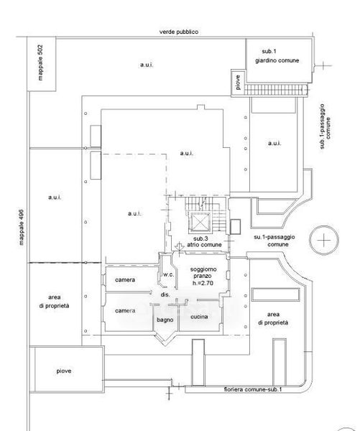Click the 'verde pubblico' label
(x=179, y=32)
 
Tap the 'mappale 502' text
(x=40, y=62)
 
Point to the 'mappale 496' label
(x=21, y=228)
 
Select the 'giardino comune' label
(x=277, y=60)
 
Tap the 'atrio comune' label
(x=204, y=245)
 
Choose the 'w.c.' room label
(x=169, y=274)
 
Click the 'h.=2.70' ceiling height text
(x=203, y=283)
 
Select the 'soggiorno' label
(x=203, y=269)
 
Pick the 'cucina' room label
(x=199, y=317)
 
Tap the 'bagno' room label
(x=165, y=320)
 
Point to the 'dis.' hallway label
(x=165, y=295)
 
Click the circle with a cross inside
(x=324, y=240)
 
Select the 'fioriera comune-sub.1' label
(x=253, y=389)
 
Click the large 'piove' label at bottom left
(x=64, y=371)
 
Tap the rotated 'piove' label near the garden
(x=238, y=82)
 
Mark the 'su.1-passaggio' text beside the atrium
(x=274, y=237)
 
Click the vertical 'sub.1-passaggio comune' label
(x=325, y=126)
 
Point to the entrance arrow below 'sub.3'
(x=180, y=247)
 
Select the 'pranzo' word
(x=202, y=277)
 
